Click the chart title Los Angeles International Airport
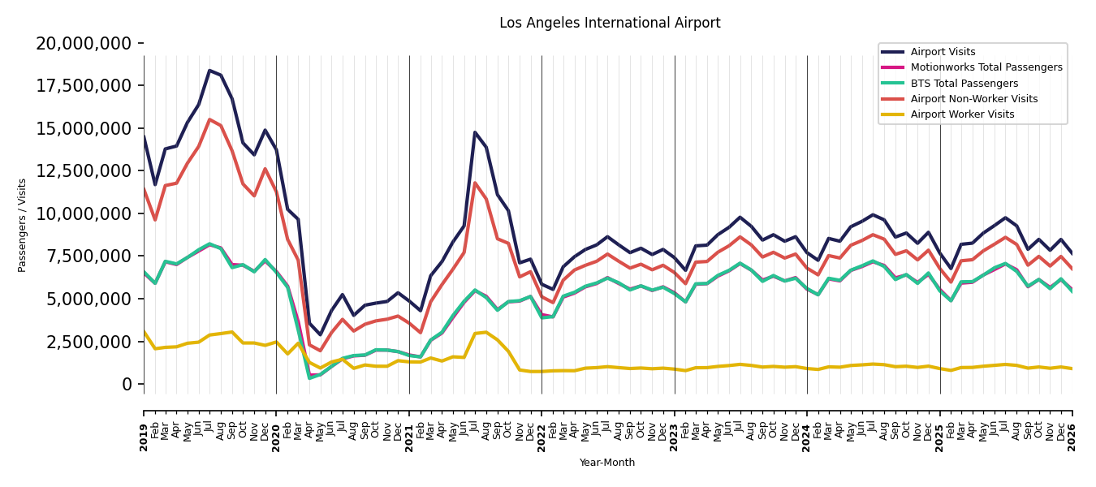[610, 23]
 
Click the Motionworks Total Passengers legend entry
[971, 67]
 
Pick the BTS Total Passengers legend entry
[949, 84]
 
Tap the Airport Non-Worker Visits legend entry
[959, 99]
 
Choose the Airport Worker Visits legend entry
[947, 114]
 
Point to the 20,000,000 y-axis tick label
[84, 44]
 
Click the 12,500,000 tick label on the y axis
[84, 171]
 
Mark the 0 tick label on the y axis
[127, 384]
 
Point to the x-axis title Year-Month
[606, 463]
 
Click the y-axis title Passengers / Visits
[22, 226]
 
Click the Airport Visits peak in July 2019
[209, 71]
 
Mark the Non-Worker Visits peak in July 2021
[475, 183]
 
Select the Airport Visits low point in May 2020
[320, 334]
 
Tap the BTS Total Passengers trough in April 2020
[309, 378]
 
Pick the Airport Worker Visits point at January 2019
[144, 331]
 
